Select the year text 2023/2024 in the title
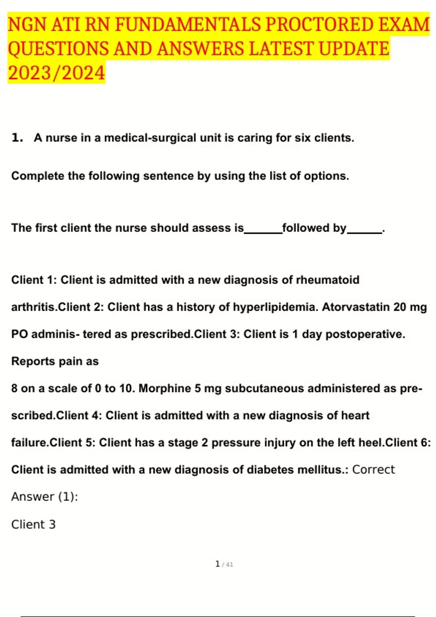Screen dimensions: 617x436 point(56,73)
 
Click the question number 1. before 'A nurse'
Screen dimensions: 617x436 point(17,138)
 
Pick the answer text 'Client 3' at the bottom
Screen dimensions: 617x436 point(33,524)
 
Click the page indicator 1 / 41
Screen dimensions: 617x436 point(224,564)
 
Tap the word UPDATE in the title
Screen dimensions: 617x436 point(354,49)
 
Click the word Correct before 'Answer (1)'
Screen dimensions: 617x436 point(373,470)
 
